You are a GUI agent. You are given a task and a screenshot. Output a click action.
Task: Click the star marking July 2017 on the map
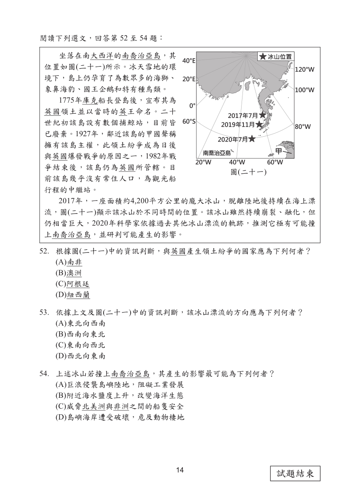pyautogui.click(x=262, y=115)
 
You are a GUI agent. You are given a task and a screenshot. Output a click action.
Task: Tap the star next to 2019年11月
pyautogui.click(x=259, y=124)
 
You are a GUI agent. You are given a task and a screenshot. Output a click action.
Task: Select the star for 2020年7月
pyautogui.click(x=252, y=139)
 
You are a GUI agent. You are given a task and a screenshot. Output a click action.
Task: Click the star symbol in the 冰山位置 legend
pyautogui.click(x=263, y=57)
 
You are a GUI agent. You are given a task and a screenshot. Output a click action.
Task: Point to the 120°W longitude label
pyautogui.click(x=305, y=69)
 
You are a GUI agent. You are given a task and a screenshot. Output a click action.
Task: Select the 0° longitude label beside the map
pyautogui.click(x=192, y=105)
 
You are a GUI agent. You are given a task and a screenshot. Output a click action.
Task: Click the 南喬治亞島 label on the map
pyautogui.click(x=217, y=153)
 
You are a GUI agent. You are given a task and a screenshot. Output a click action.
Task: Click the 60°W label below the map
pyautogui.click(x=275, y=162)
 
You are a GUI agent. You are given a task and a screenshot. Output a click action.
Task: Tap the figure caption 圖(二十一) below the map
pyautogui.click(x=248, y=172)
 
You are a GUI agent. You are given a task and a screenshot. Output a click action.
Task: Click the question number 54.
pyautogui.click(x=44, y=373)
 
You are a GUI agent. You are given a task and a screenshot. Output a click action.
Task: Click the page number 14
pyautogui.click(x=180, y=470)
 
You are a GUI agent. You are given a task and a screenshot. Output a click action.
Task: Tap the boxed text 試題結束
pyautogui.click(x=295, y=473)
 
